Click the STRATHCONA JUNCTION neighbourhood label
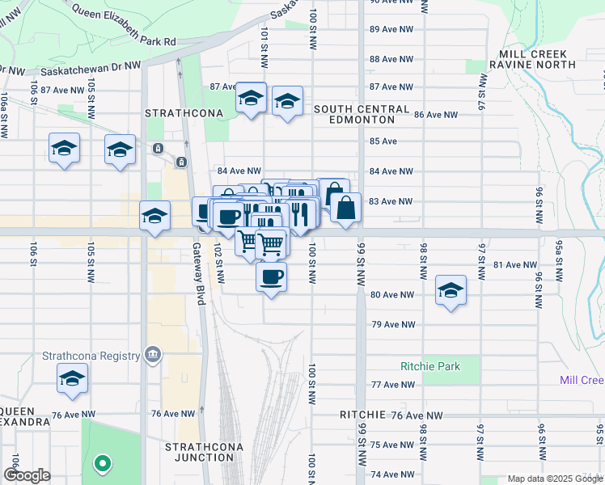pos(200,451)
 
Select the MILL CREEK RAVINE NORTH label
pos(532,58)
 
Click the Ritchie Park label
pos(430,366)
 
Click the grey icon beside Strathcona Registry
pos(153,354)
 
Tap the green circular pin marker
pos(102,463)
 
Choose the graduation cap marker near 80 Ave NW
pos(451,290)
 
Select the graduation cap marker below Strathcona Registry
pos(73,377)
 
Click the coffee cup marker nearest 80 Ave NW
pos(271,277)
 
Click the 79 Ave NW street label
pos(392,324)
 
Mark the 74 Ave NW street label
pos(391,474)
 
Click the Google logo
pos(27,475)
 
